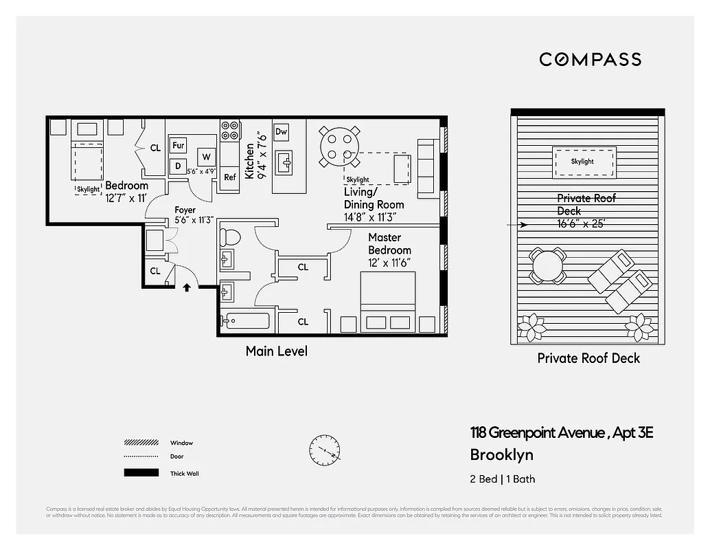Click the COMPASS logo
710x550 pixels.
[x=590, y=59]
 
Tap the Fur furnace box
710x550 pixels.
[x=179, y=145]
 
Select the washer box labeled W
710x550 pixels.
[x=205, y=156]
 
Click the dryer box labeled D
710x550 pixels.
[x=178, y=166]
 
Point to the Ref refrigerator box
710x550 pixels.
[x=229, y=177]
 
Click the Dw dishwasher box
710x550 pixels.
[x=281, y=131]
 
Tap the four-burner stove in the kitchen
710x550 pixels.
[x=229, y=130]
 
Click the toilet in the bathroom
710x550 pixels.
[x=230, y=238]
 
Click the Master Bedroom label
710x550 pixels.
[x=389, y=244]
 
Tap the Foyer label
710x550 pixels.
[x=185, y=210]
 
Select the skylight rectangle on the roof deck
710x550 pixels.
[x=584, y=161]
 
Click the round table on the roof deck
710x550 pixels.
[x=547, y=265]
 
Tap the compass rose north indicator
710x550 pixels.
[x=325, y=450]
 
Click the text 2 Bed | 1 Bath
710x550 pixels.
[x=502, y=479]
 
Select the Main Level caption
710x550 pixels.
[x=277, y=351]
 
